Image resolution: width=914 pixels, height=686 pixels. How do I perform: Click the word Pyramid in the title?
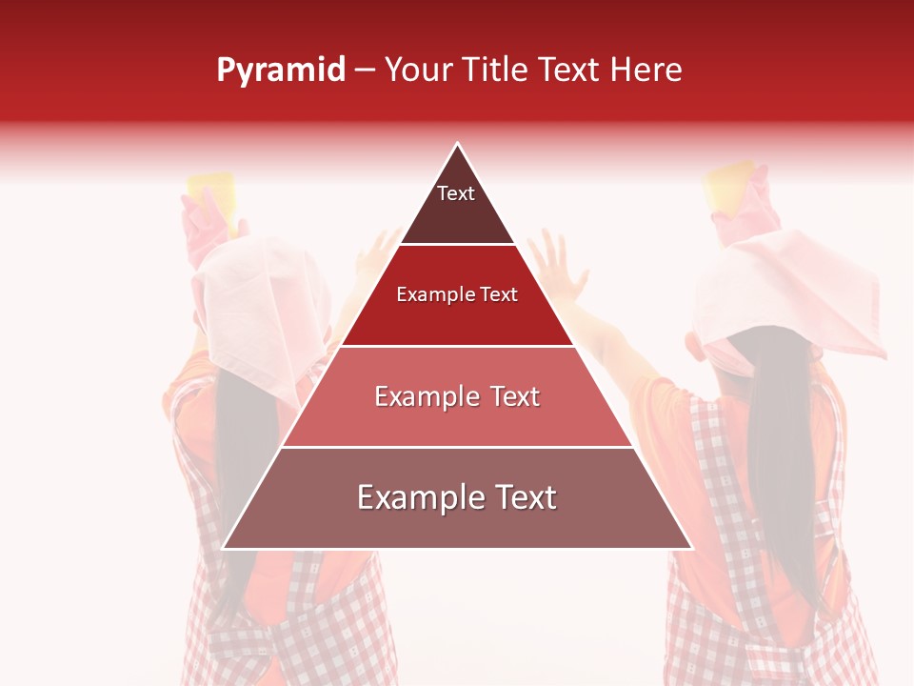[x=281, y=71]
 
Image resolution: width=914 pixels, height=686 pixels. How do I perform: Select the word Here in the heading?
[x=646, y=70]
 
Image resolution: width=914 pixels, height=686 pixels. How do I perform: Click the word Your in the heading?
[x=418, y=70]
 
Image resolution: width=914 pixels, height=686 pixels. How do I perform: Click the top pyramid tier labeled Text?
[x=457, y=205]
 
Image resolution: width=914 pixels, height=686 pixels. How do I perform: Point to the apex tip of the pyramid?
[x=458, y=145]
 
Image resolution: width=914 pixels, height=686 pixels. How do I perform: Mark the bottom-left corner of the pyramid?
[x=225, y=548]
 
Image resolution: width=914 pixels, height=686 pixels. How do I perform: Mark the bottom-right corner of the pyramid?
[x=690, y=548]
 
